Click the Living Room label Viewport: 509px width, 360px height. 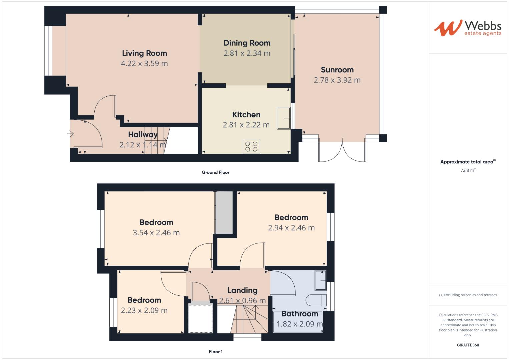(144, 53)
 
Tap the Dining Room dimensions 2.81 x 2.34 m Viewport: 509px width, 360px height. (247, 53)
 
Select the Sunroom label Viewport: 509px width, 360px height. (337, 70)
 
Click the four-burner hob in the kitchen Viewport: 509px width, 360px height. (251, 147)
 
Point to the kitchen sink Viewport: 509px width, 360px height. (283, 118)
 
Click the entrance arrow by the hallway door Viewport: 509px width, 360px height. (70, 134)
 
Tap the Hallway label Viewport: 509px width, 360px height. (143, 135)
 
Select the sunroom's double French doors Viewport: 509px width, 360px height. (342, 152)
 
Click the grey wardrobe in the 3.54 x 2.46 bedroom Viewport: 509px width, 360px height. (224, 212)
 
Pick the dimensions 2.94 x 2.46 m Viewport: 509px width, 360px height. (291, 228)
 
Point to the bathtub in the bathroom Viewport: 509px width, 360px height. (298, 322)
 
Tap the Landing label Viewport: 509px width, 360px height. (242, 290)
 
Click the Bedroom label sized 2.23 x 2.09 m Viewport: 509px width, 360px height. (144, 300)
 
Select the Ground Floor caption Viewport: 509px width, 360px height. (215, 172)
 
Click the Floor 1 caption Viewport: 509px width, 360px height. (215, 352)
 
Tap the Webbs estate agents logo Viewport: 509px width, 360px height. (468, 28)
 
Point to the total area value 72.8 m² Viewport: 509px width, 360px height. (468, 170)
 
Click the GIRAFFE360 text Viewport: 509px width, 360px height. (468, 345)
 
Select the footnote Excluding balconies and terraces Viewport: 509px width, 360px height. (468, 295)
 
